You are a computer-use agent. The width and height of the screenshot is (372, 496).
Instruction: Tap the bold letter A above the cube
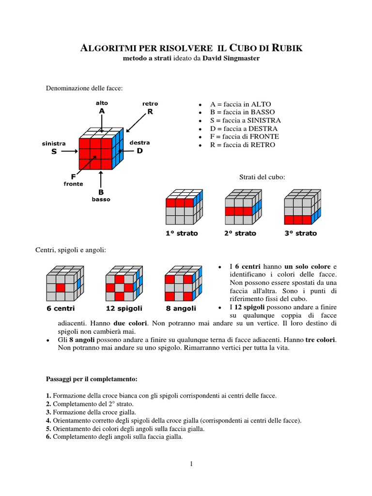[x=102, y=111]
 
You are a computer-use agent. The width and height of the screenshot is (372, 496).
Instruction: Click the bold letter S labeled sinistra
[x=54, y=152]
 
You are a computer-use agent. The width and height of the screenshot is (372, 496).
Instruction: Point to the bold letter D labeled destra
[x=140, y=151]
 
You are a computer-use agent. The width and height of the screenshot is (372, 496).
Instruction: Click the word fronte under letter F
[x=74, y=184]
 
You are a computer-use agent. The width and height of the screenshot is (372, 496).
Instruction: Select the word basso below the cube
[x=101, y=199]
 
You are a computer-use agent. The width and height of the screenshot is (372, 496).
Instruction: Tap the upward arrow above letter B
[x=101, y=179]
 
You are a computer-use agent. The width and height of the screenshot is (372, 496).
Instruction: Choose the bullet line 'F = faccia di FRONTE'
[x=244, y=137]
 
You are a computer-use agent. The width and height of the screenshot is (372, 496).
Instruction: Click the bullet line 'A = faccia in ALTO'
[x=240, y=104]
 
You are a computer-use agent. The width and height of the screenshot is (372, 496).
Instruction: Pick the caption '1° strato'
[x=182, y=233]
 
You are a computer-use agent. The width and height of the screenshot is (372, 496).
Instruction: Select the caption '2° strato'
[x=240, y=233]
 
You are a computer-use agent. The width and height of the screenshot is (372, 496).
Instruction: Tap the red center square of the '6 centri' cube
[x=60, y=288]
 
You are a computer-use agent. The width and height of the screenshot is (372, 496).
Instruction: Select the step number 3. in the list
[x=48, y=412]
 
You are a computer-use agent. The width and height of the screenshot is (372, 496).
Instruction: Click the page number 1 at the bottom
[x=191, y=464]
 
